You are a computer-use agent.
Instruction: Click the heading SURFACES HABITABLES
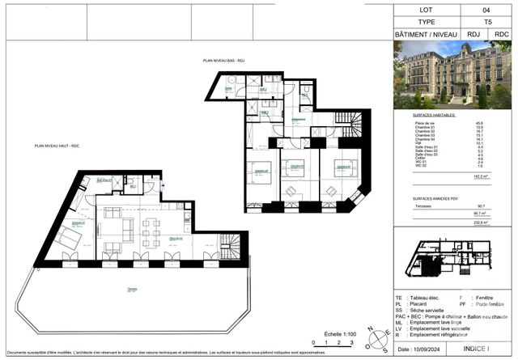[x=431, y=116]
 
